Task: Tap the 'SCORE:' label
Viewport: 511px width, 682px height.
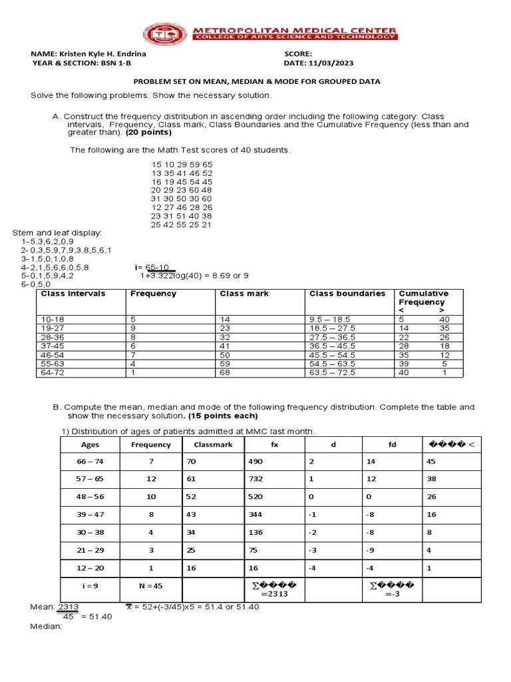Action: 298,54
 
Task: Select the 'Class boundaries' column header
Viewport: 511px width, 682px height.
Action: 347,294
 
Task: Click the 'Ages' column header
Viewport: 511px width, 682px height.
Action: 90,445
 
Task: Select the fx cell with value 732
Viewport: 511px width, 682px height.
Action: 256,480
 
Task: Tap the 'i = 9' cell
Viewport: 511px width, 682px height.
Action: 90,586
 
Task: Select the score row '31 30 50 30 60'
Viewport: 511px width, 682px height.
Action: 182,198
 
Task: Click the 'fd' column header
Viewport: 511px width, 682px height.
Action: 392,445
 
